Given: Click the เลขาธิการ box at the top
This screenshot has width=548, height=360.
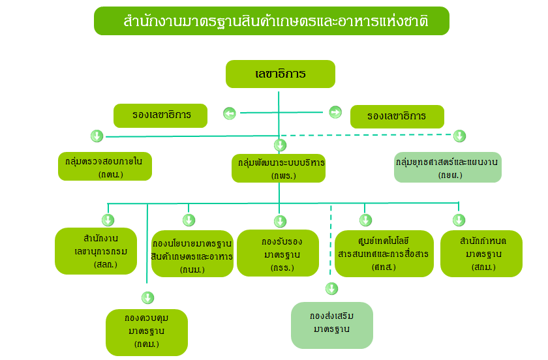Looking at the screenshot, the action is [x=281, y=74].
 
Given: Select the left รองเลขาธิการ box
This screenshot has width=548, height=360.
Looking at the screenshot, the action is [x=160, y=115].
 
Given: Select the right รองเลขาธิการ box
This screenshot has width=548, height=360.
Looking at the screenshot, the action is [x=397, y=117].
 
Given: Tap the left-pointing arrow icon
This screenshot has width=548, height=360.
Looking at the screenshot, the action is [x=230, y=113].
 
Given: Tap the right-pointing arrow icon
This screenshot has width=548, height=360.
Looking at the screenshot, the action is [x=335, y=112].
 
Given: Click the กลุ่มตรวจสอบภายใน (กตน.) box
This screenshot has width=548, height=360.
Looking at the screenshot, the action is [x=105, y=166].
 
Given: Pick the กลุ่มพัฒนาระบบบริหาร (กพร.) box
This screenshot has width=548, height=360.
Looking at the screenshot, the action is [x=279, y=168].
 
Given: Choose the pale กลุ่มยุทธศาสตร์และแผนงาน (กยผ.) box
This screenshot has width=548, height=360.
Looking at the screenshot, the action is [x=448, y=167].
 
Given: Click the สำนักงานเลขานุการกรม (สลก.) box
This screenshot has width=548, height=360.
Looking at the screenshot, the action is [x=96, y=251].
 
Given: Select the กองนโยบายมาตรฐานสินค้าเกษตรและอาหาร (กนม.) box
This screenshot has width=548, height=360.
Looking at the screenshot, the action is [x=192, y=254].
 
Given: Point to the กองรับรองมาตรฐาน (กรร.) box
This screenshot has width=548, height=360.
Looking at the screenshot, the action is [x=278, y=253].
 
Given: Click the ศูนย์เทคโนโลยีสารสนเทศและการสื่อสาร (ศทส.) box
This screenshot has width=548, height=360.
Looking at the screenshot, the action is [x=384, y=254].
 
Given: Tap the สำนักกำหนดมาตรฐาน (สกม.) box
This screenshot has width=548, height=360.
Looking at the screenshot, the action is [x=481, y=254].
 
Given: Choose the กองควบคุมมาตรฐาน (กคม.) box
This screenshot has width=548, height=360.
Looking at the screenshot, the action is [x=147, y=333].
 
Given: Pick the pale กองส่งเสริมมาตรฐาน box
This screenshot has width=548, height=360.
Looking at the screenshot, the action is [x=332, y=325].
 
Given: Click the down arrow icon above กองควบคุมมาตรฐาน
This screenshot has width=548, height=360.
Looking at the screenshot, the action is [x=148, y=298].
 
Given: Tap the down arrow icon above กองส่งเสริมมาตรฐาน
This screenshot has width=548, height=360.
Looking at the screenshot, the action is [x=331, y=289].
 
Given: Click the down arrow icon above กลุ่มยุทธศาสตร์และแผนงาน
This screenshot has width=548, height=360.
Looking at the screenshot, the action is [x=459, y=136].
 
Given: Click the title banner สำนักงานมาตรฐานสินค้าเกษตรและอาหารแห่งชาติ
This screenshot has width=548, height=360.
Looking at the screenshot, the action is [x=271, y=21].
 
